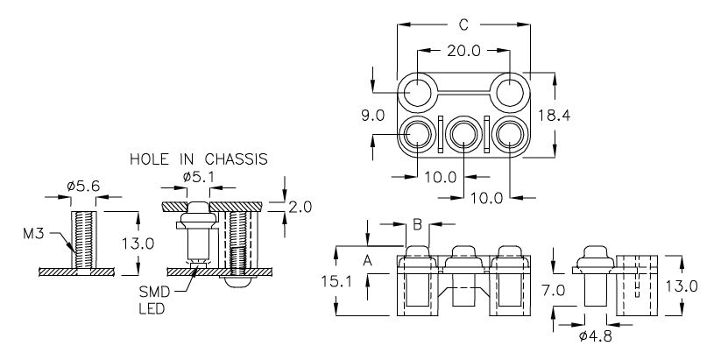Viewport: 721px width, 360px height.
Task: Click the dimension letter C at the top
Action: click(x=463, y=25)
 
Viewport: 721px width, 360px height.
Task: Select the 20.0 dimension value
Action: click(x=463, y=51)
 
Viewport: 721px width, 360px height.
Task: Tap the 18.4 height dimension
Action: click(x=554, y=116)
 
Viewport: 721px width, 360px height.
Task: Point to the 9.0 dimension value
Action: click(x=372, y=116)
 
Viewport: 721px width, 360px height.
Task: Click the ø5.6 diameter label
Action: click(x=83, y=187)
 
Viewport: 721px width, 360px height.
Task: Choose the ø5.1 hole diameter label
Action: click(x=199, y=177)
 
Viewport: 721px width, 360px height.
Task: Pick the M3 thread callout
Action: click(x=33, y=234)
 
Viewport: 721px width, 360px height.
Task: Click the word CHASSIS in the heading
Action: click(x=236, y=159)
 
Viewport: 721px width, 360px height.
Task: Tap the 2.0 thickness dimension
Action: click(x=300, y=208)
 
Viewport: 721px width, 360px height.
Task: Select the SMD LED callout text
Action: click(x=154, y=300)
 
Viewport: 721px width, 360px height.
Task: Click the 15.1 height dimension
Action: click(x=336, y=281)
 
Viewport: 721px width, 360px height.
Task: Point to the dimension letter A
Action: click(x=367, y=261)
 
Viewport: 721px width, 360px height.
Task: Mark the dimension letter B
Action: click(x=417, y=225)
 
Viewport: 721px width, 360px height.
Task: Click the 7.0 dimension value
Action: click(x=553, y=290)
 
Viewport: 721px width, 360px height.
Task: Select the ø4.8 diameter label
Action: click(x=596, y=337)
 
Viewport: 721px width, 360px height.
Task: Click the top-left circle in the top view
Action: click(x=418, y=93)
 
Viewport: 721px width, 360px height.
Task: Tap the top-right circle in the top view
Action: click(x=510, y=93)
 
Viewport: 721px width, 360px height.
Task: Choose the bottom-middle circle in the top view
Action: click(x=463, y=135)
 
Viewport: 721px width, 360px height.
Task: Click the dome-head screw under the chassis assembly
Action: click(x=238, y=281)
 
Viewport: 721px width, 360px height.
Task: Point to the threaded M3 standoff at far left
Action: click(x=84, y=240)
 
